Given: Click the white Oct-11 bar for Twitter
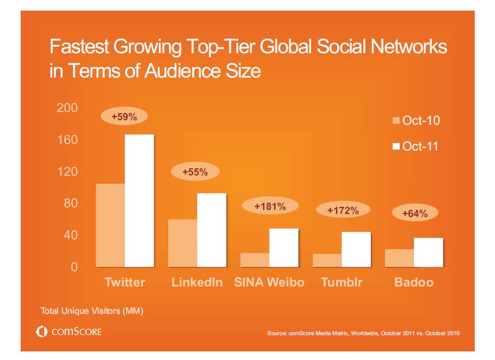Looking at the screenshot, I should pyautogui.click(x=139, y=200).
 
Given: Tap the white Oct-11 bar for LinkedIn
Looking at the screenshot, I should pyautogui.click(x=212, y=230).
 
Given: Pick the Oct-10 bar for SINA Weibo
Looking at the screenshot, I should pyautogui.click(x=255, y=260).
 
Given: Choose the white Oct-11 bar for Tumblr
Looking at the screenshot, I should pyautogui.click(x=356, y=249).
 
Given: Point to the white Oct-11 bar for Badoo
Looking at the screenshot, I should pyautogui.click(x=429, y=252).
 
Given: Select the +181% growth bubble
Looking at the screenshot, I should pyautogui.click(x=270, y=206).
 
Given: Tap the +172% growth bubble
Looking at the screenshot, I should pyautogui.click(x=343, y=209).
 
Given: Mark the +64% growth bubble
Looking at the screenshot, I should pyautogui.click(x=415, y=213).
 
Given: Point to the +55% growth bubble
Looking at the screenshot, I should pyautogui.click(x=195, y=172).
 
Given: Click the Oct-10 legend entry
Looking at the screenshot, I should pyautogui.click(x=416, y=121).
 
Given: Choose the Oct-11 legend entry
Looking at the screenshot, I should pyautogui.click(x=416, y=147).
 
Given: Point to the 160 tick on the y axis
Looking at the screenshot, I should pyautogui.click(x=67, y=139).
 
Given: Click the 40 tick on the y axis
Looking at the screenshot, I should pyautogui.click(x=70, y=235).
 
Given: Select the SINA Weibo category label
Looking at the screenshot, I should pyautogui.click(x=269, y=282).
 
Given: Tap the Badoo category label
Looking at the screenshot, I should pyautogui.click(x=414, y=282).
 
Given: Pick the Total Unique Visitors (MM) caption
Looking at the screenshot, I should pyautogui.click(x=92, y=311).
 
